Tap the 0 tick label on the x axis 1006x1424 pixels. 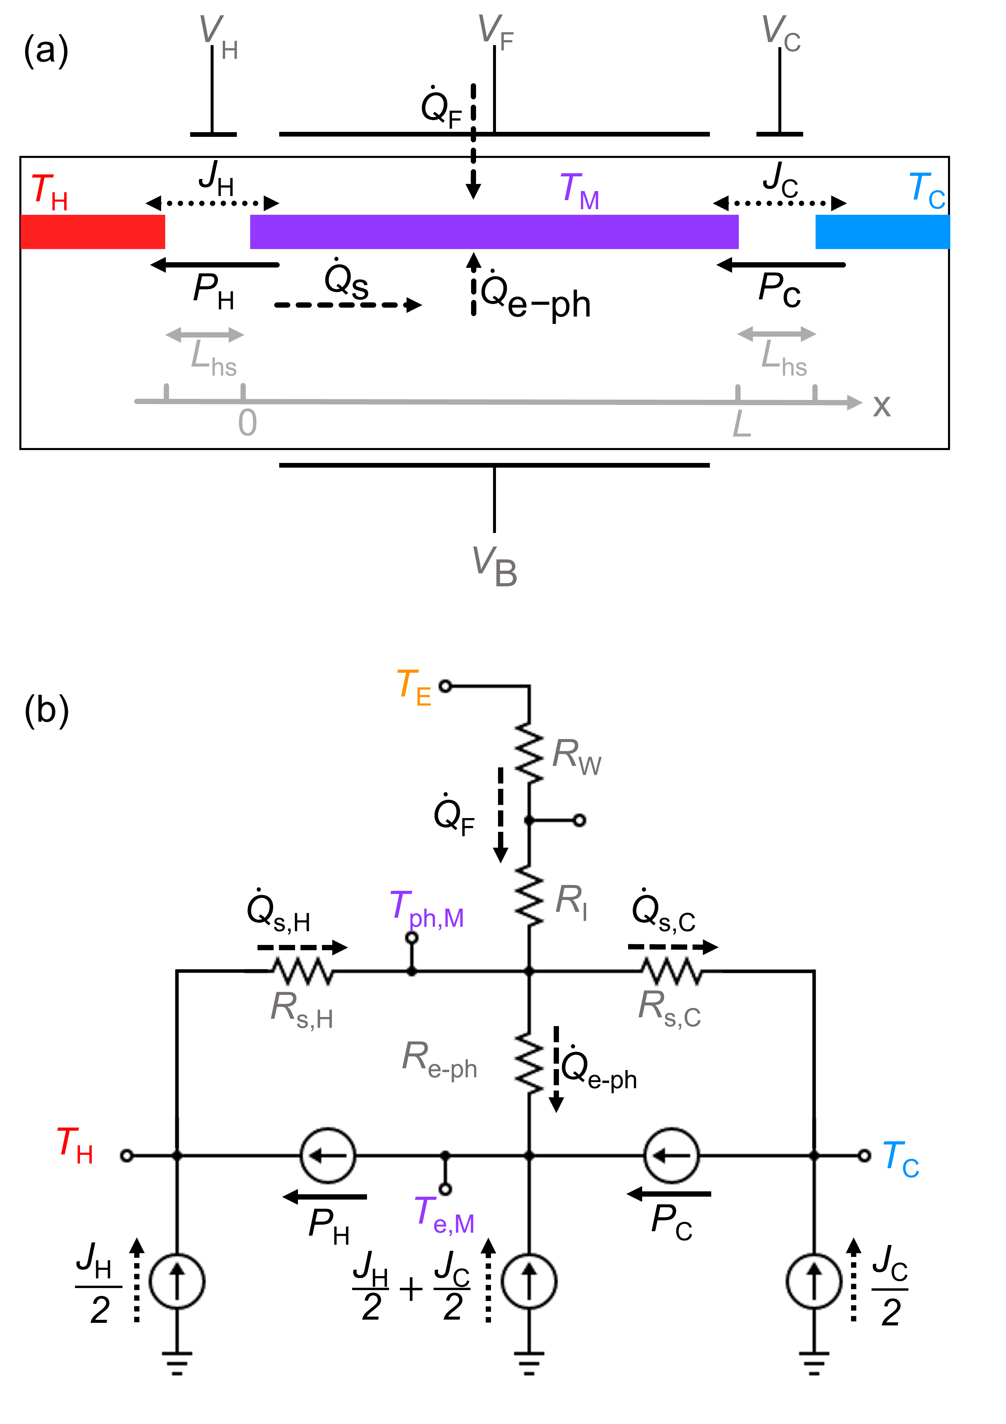click(x=248, y=424)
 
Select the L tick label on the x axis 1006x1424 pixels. click(x=742, y=425)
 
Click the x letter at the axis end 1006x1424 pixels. click(x=881, y=406)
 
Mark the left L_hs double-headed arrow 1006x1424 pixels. click(x=205, y=335)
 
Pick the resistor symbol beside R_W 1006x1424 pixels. click(x=529, y=753)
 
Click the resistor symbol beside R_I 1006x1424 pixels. click(x=529, y=896)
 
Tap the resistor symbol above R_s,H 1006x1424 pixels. click(x=303, y=971)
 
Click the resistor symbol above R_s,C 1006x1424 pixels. click(x=672, y=971)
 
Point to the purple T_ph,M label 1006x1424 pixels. click(x=427, y=909)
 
